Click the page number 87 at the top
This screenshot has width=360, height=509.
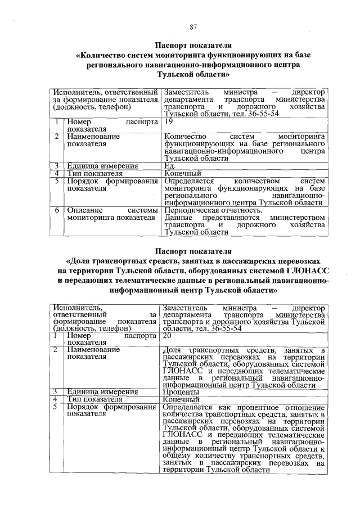pyautogui.click(x=192, y=28)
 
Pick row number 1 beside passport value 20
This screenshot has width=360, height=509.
pyautogui.click(x=56, y=335)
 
